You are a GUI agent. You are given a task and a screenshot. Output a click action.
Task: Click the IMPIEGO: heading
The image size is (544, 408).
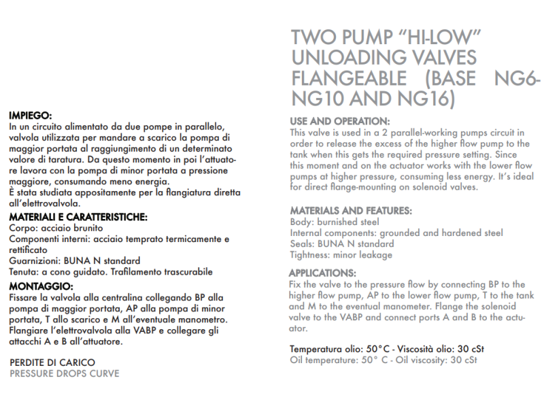(x=31, y=116)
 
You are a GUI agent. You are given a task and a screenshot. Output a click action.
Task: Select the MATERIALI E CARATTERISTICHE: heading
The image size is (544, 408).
(x=79, y=217)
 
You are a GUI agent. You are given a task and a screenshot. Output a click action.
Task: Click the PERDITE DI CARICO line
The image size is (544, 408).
(x=52, y=362)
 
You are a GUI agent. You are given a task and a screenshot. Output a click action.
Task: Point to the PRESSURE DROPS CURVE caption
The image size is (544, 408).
(x=65, y=373)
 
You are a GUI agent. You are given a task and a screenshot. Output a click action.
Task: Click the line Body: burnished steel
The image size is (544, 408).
(x=335, y=222)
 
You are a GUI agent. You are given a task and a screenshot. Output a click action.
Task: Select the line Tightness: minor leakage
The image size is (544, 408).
(x=341, y=255)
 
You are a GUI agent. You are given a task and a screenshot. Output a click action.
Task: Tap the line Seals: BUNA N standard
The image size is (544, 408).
(x=341, y=243)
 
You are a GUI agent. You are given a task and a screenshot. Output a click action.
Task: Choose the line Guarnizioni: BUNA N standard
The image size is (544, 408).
(x=75, y=260)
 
